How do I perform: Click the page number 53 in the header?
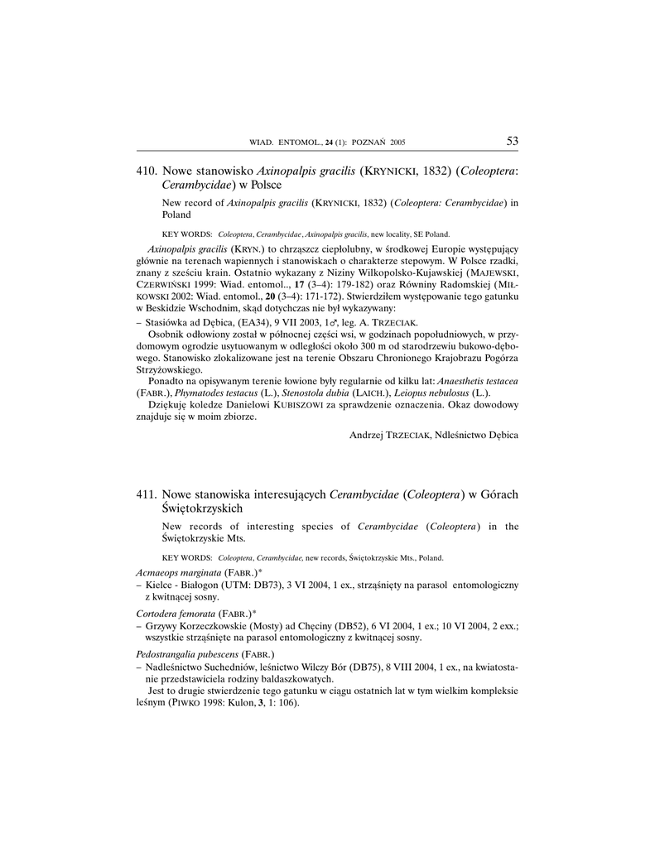(512, 142)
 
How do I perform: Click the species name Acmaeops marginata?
(178, 572)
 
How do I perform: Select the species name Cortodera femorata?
(177, 613)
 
